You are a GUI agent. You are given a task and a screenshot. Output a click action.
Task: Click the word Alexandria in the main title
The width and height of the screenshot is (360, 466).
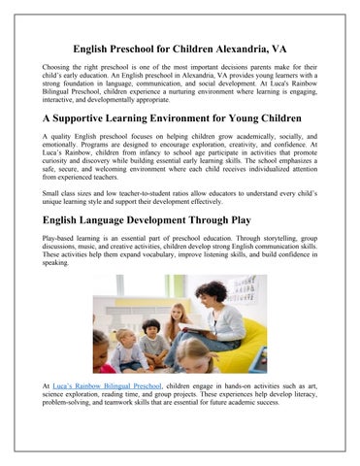pos(245,49)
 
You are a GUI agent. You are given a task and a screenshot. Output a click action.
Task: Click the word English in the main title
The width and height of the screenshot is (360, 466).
pos(97,49)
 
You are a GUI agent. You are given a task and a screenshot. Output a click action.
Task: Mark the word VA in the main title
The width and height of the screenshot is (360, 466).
pos(289,49)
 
